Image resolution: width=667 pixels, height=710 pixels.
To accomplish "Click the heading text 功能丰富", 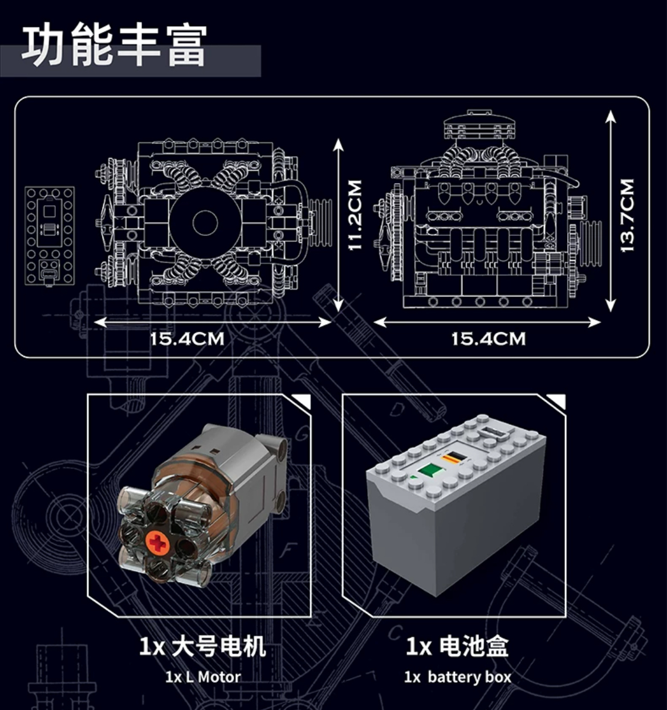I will tap(114, 46).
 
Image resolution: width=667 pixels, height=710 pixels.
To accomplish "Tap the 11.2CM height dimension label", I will tap(355, 215).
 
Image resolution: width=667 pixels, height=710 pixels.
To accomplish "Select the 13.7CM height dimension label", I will tap(627, 215).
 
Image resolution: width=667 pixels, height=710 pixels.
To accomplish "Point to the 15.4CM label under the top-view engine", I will tap(187, 339).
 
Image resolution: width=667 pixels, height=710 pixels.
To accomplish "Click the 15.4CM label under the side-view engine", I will tap(488, 339).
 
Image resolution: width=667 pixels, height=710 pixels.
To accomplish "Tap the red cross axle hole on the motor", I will tap(158, 544).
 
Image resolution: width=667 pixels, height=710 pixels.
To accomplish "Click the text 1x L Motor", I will tap(203, 677).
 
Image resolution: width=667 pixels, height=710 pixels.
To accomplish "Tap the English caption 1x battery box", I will tap(457, 677).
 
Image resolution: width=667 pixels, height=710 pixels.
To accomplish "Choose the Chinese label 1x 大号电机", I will tap(202, 647).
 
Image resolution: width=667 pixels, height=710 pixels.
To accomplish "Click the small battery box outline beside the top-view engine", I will tap(50, 235).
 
